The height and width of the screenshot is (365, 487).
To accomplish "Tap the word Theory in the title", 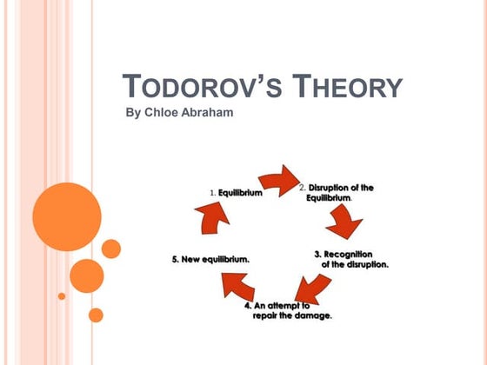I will click(x=348, y=87).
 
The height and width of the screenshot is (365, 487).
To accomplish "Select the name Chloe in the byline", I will click(x=163, y=114).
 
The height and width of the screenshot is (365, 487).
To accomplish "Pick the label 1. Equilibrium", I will click(x=236, y=192).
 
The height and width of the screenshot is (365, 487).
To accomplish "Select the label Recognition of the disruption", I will click(x=351, y=259).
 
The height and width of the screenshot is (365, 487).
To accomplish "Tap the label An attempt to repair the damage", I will click(x=288, y=310).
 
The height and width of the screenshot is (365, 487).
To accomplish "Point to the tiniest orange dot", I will click(x=62, y=295).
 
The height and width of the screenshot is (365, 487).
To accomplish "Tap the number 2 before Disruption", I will click(x=302, y=187).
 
